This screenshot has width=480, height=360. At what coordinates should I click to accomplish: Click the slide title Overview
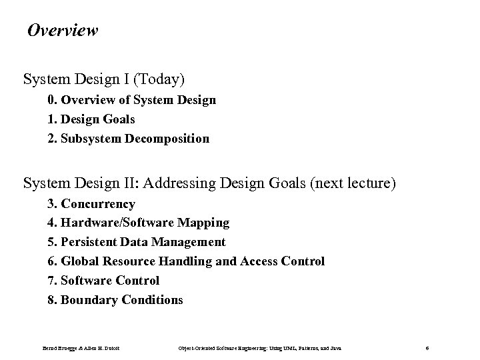click(x=63, y=31)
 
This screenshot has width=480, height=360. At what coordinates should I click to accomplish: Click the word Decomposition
click(x=169, y=139)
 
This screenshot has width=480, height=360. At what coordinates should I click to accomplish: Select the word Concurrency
click(x=98, y=204)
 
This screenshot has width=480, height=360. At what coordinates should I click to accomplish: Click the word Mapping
click(x=203, y=223)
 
